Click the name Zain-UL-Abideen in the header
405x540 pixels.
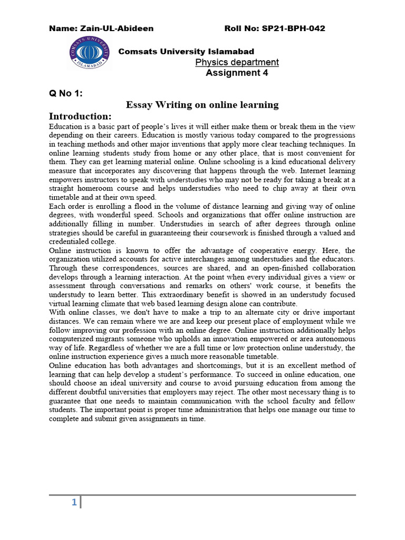click(101, 28)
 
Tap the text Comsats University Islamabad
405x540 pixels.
click(186, 51)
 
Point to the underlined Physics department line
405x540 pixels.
click(237, 62)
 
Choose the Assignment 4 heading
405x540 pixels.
click(236, 73)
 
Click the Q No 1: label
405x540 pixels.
click(66, 93)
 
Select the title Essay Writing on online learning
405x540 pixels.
click(202, 105)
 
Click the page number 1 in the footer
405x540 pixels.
click(74, 503)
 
